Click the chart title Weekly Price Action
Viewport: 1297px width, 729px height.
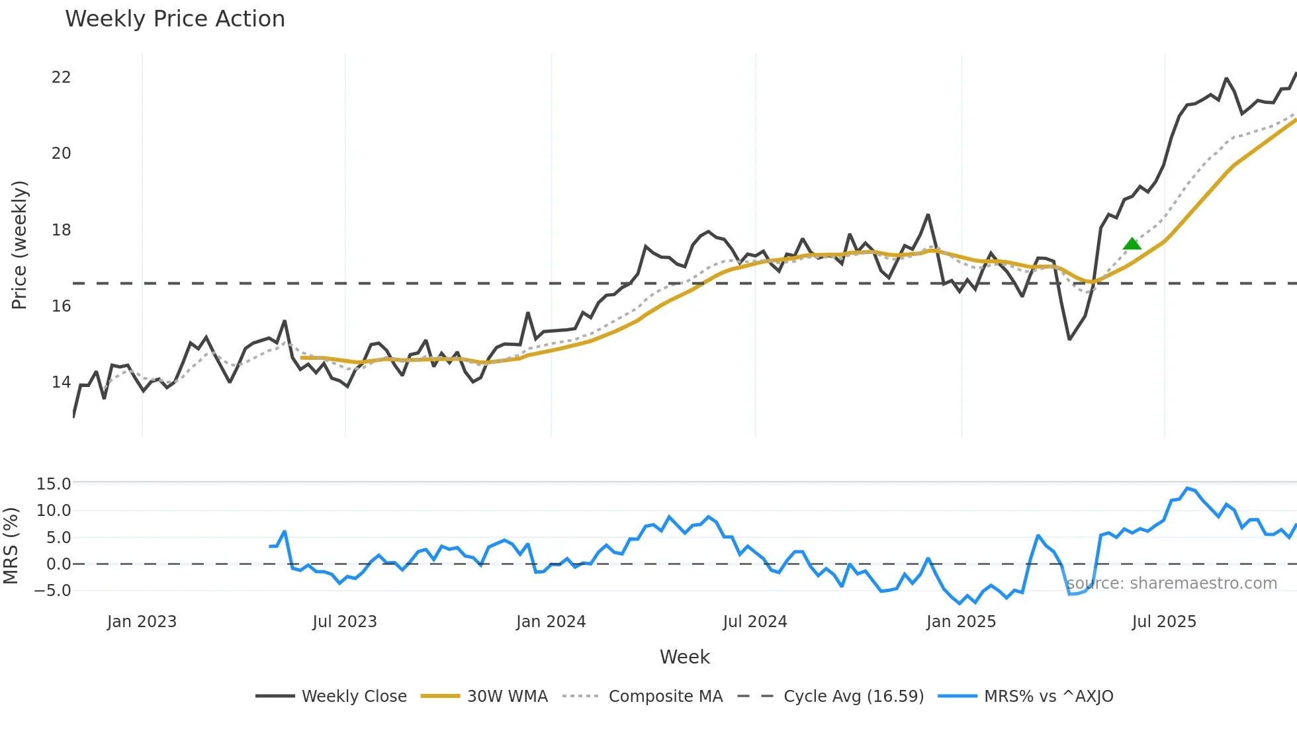coord(175,19)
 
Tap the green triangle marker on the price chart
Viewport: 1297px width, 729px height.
coord(1132,244)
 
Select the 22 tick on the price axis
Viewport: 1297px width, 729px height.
coord(61,77)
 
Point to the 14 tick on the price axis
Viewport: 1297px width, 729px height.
coord(61,382)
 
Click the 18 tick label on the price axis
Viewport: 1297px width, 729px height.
coord(61,230)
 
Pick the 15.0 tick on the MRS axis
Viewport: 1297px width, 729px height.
coord(53,484)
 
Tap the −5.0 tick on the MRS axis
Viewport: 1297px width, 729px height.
coord(53,591)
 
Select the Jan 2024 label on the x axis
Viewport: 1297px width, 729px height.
coord(551,622)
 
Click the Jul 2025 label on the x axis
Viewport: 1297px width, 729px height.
coord(1164,622)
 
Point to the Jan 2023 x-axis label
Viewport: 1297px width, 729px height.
coord(142,622)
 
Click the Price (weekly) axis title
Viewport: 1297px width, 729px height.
coord(20,245)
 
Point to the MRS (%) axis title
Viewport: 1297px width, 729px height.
coord(11,546)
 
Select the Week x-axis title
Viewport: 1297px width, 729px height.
coord(684,657)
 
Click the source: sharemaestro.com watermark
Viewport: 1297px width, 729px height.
coord(1172,583)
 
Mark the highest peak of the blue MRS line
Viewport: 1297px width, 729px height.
coord(1188,488)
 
